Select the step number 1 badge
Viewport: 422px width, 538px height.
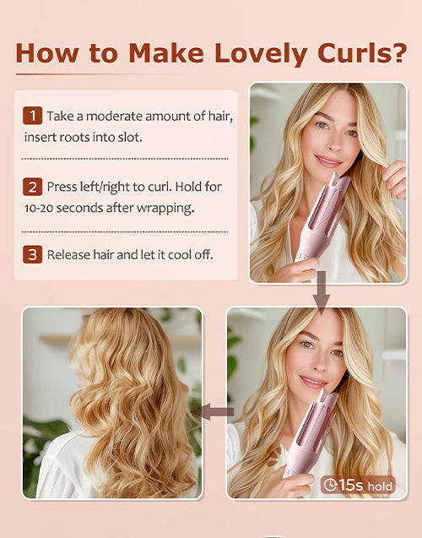33,116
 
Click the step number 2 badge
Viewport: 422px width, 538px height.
33,187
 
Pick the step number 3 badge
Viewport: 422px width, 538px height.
33,254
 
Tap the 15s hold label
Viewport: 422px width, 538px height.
359,485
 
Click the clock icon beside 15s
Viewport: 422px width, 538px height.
329,485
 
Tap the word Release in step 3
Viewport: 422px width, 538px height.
70,254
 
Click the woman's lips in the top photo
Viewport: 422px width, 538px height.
328,160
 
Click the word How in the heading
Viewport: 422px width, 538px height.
46,52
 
